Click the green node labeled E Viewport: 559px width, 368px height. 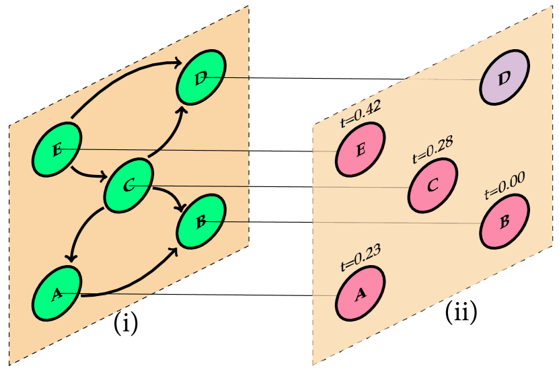(x=57, y=149)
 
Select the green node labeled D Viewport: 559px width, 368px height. (x=201, y=77)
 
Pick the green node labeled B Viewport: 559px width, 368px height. (x=201, y=221)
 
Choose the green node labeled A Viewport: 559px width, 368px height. (x=57, y=293)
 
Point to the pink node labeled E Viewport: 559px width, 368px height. (x=361, y=149)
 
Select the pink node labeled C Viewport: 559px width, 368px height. (x=433, y=185)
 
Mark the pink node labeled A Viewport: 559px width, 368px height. (x=361, y=293)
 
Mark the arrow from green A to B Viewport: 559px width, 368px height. (x=135, y=286)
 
